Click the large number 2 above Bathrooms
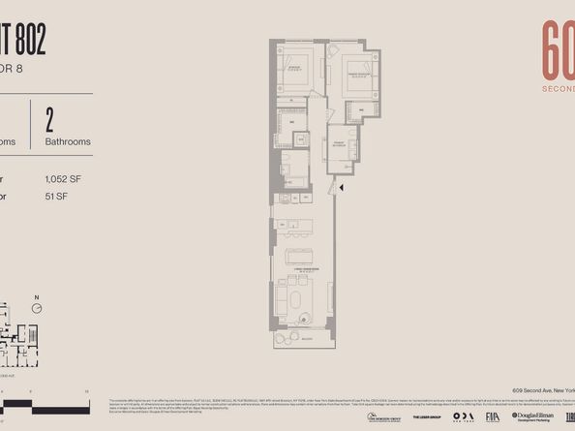(49, 118)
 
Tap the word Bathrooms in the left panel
(68, 141)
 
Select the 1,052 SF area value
(63, 179)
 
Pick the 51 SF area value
(56, 197)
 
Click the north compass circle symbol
(36, 308)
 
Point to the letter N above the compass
(36, 296)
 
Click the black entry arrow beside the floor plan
(341, 184)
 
